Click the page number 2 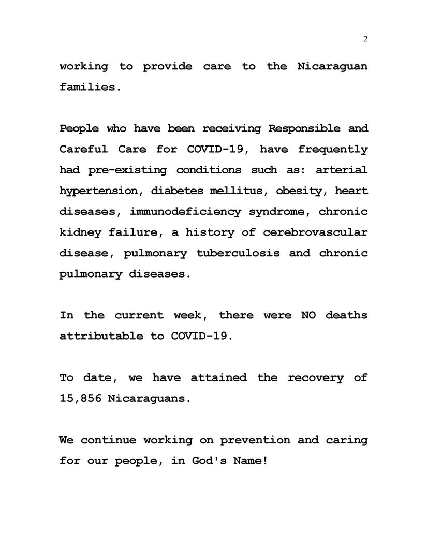tap(365, 40)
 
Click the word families tap(90, 87)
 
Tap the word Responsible tap(303, 128)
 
